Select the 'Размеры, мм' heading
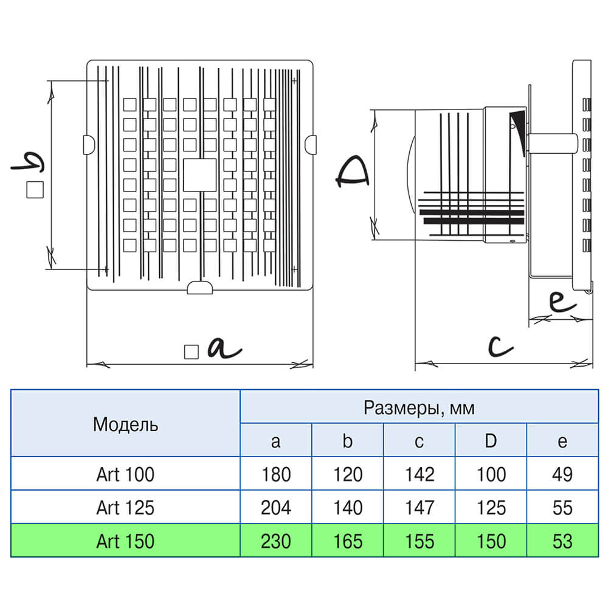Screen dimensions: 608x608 [419, 408]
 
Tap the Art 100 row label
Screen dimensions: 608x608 [125, 474]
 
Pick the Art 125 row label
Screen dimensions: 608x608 [125, 508]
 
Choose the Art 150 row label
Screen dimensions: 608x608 [125, 541]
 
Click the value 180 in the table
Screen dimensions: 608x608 [275, 474]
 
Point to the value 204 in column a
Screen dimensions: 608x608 [275, 508]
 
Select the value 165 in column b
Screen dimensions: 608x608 [348, 541]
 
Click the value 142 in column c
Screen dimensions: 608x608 [420, 474]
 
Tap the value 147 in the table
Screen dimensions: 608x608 [420, 508]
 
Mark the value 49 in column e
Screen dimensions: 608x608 [562, 474]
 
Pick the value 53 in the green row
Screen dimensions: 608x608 [562, 541]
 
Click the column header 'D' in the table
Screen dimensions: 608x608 [491, 441]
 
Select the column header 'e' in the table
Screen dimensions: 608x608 [562, 442]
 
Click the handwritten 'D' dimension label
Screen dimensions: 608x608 [351, 172]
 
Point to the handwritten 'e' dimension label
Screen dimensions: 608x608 [562, 302]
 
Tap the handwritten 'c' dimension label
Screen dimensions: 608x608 [500, 346]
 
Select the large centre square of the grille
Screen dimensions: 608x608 [199, 175]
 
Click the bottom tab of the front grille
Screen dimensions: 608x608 [199, 288]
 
